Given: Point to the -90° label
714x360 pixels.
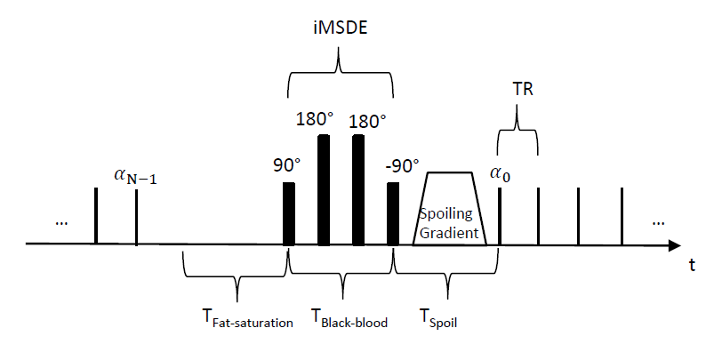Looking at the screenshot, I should pos(403,165).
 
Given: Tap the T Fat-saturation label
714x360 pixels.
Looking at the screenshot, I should pos(246,321).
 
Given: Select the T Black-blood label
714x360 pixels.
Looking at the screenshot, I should pos(349,321).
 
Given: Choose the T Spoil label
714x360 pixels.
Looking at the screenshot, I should pos(441,321).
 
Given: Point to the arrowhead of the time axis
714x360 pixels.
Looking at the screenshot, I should pos(678,244).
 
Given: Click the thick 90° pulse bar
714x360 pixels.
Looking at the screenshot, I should pos(288,213).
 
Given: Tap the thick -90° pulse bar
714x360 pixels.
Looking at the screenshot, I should pos(393,213).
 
